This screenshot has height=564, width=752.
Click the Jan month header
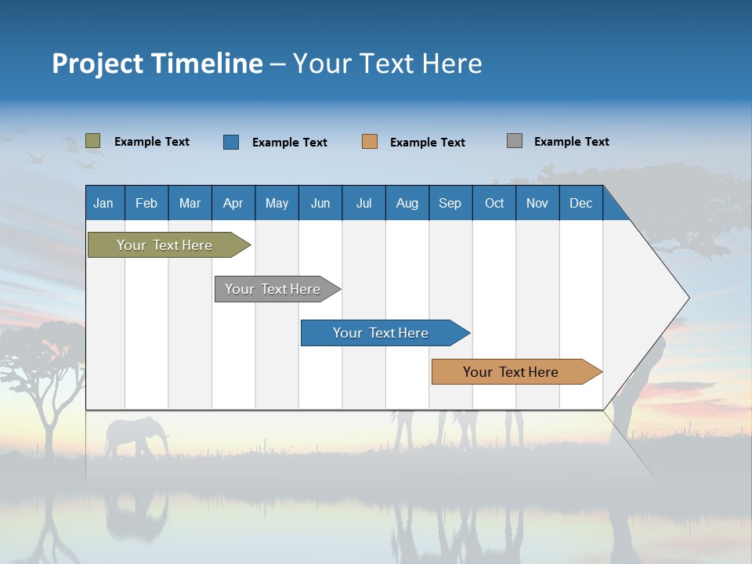(103, 203)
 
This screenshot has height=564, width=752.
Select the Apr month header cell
(233, 203)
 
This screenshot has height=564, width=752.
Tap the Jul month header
(363, 203)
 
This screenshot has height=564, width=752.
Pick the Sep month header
(450, 203)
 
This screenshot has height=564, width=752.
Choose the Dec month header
(580, 203)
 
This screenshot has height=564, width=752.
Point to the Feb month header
(146, 203)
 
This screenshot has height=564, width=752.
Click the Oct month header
(494, 203)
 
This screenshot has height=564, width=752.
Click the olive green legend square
(92, 141)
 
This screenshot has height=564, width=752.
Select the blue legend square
(230, 142)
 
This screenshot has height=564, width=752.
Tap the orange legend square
(370, 142)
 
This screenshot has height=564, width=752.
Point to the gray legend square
(514, 141)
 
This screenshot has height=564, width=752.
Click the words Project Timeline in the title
(157, 63)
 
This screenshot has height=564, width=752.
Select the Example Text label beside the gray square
(571, 142)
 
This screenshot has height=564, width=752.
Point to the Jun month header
(320, 203)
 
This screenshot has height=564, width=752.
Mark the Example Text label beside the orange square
(427, 143)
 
